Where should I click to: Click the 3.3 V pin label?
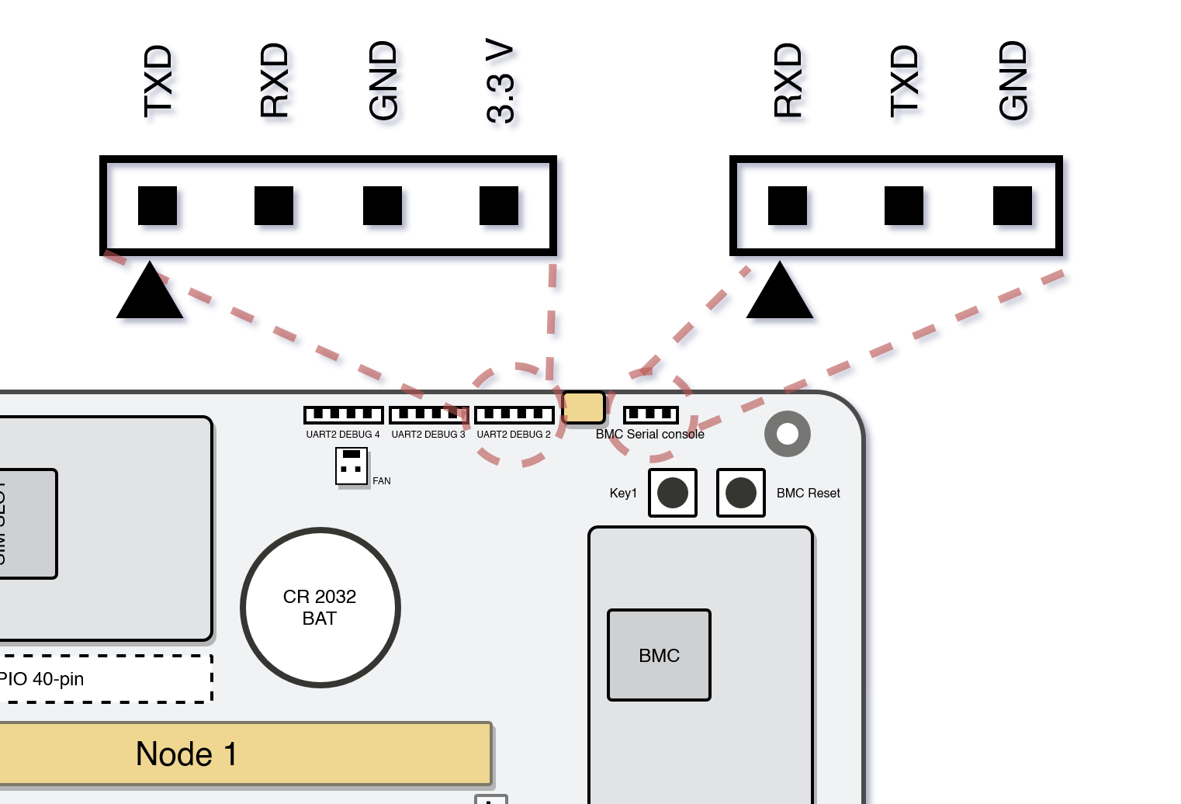(x=500, y=81)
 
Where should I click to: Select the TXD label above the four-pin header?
(x=158, y=81)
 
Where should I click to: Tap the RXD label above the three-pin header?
(x=788, y=81)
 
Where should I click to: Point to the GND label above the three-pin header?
(x=1013, y=81)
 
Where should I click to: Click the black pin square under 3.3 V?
(x=499, y=206)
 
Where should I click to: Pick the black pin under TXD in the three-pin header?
(x=904, y=206)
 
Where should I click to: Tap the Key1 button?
(x=673, y=493)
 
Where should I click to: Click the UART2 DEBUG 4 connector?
(x=343, y=414)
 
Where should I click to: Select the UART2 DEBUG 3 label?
(x=428, y=435)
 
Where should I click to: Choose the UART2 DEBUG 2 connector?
(x=514, y=414)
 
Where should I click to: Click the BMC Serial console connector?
(x=650, y=414)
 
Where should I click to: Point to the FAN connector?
(x=352, y=466)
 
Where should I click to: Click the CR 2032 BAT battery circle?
(x=320, y=608)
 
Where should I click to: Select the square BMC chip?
(x=659, y=655)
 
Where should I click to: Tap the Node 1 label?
(x=186, y=754)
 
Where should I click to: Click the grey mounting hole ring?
(x=788, y=434)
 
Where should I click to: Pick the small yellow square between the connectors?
(x=584, y=407)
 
